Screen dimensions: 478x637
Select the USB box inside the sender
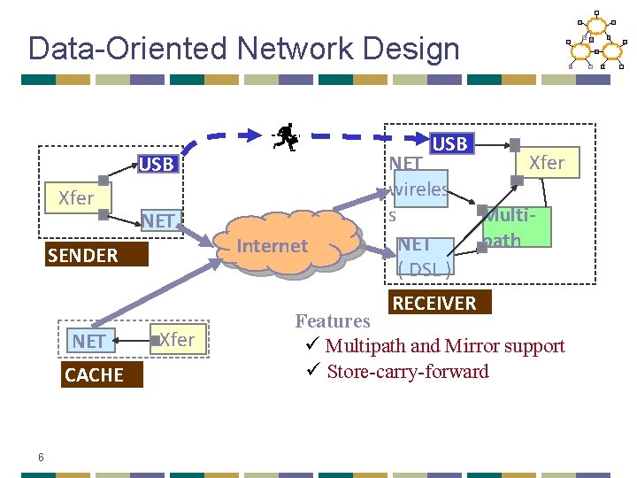[157, 164]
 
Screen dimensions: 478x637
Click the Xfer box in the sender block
[76, 198]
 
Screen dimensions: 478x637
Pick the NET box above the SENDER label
[158, 220]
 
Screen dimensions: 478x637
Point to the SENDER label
[82, 256]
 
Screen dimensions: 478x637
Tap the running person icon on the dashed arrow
[286, 136]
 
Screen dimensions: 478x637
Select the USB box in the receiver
[450, 143]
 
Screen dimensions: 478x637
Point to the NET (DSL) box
[425, 255]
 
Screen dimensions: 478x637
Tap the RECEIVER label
[434, 304]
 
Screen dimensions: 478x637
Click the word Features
[333, 321]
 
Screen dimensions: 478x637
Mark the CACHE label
[94, 374]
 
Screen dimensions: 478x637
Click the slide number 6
[41, 457]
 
